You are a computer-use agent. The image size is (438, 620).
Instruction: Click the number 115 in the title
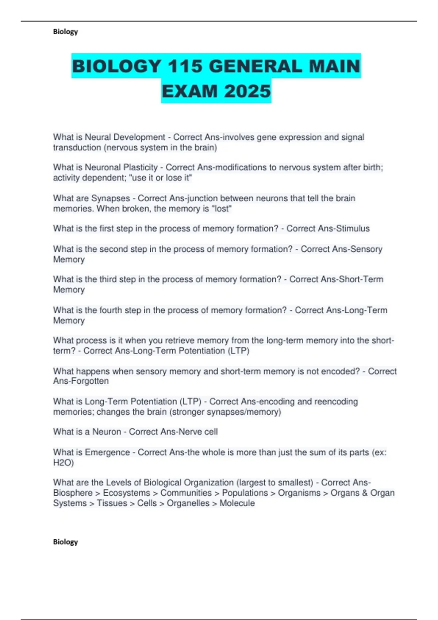(x=185, y=66)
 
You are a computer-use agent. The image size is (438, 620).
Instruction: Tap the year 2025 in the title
(x=247, y=91)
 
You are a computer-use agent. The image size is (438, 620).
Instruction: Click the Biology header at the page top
(x=65, y=32)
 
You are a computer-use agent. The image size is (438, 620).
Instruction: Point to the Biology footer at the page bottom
(x=65, y=542)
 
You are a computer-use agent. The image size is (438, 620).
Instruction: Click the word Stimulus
(x=353, y=229)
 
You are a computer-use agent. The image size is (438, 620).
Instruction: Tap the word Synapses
(x=111, y=198)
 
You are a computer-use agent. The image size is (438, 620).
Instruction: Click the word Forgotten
(x=90, y=381)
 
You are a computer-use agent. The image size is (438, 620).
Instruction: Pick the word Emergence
(x=107, y=452)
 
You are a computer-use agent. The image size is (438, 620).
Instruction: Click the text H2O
(x=63, y=463)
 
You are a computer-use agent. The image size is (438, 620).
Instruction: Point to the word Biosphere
(x=73, y=493)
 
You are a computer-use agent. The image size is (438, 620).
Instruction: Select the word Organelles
(x=188, y=503)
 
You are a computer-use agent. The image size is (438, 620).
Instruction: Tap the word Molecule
(x=237, y=503)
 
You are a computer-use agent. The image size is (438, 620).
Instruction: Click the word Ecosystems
(x=126, y=493)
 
